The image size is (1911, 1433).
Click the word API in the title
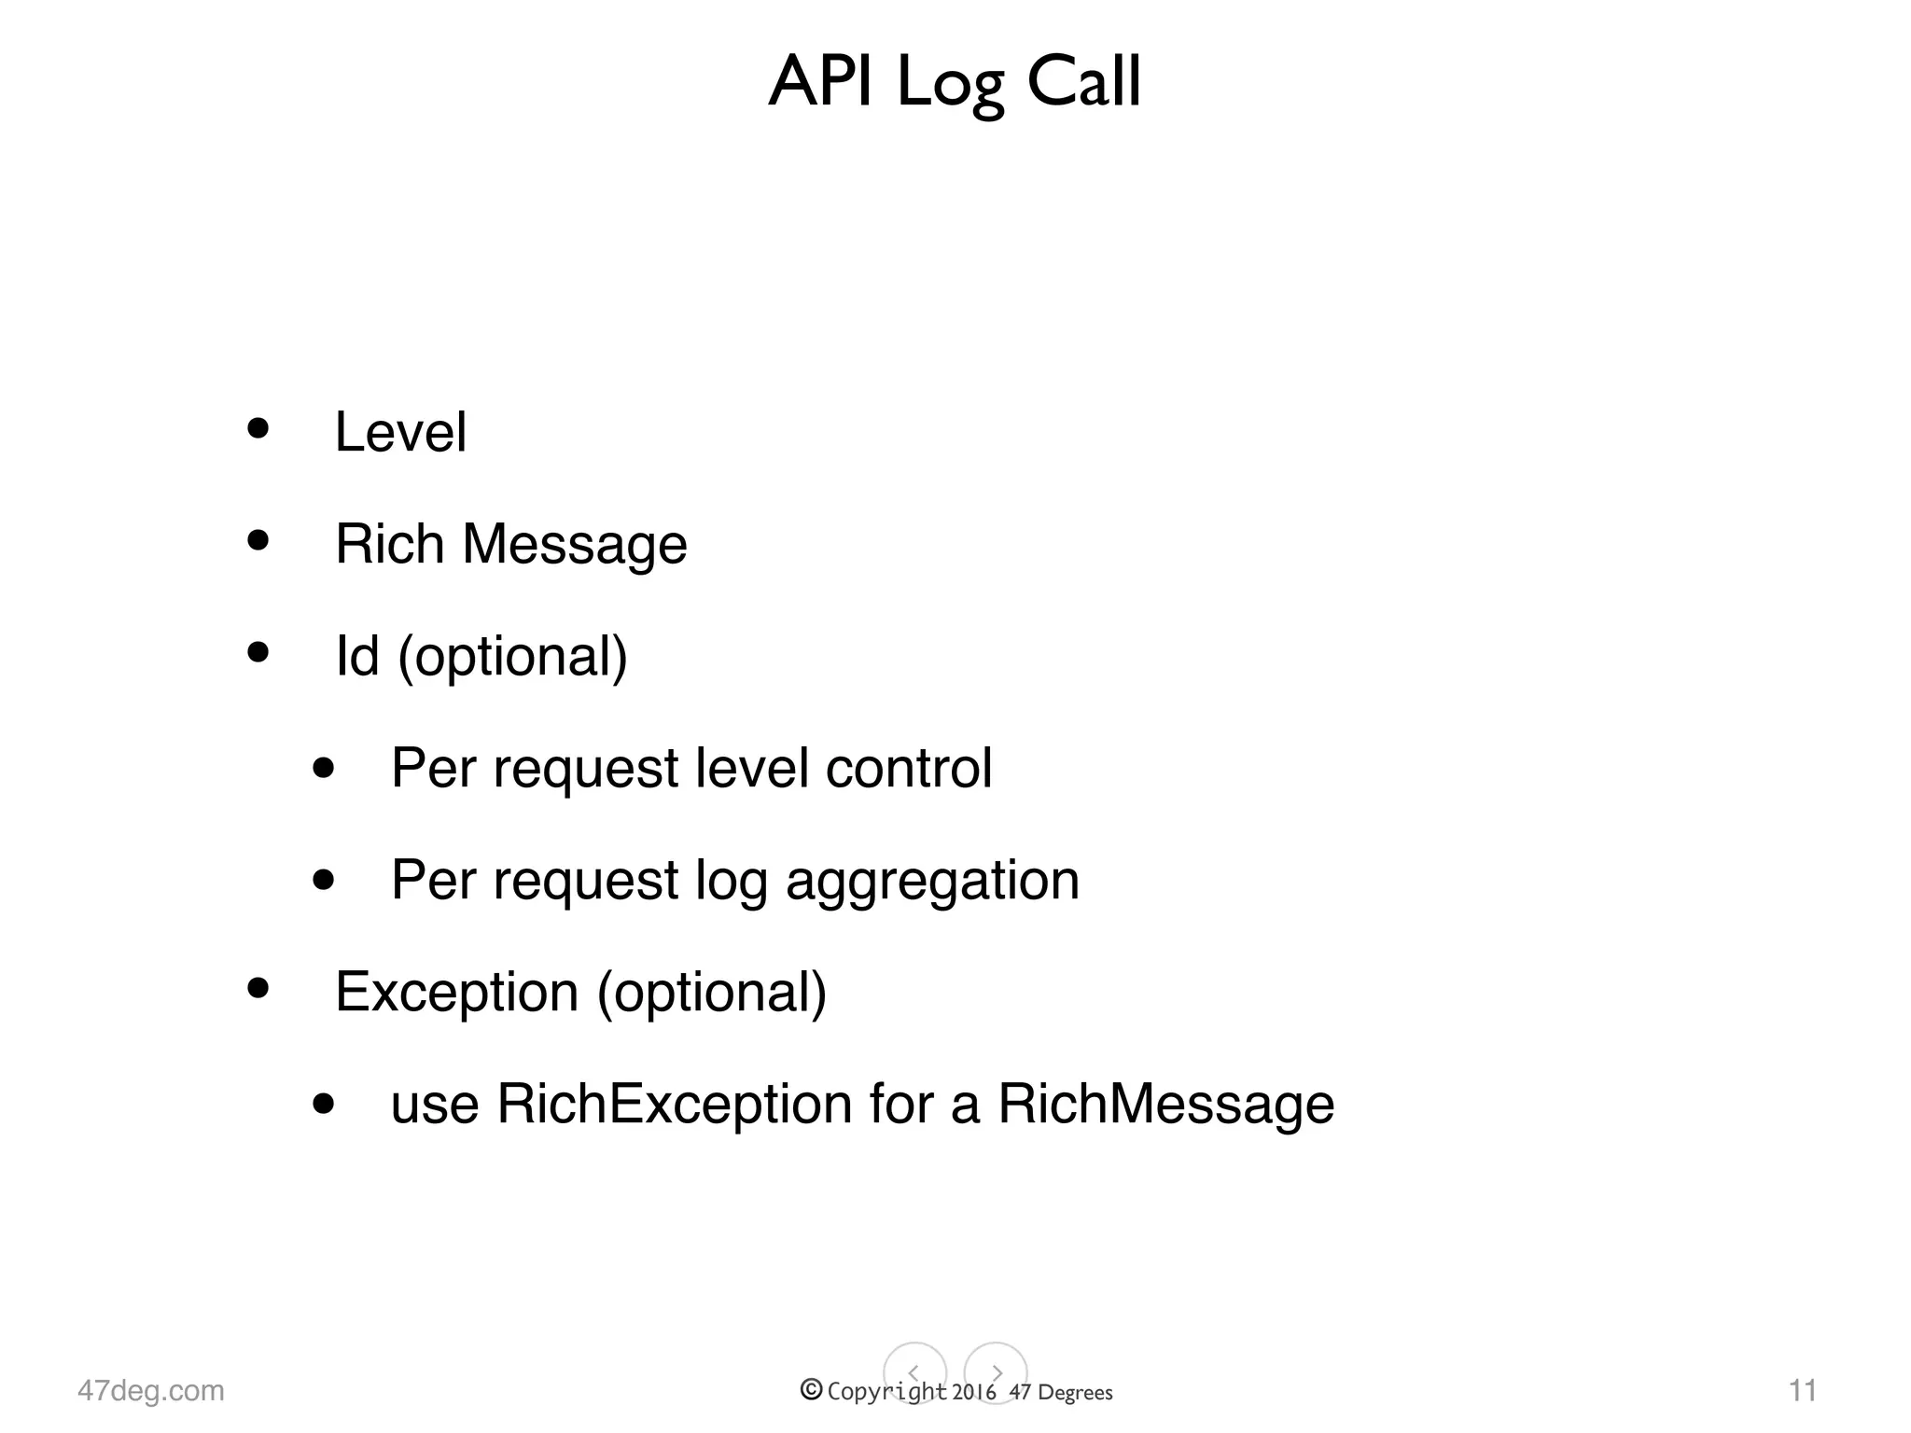821,82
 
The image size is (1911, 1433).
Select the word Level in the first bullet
400,432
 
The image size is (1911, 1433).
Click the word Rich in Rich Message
389,544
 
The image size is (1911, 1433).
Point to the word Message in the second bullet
575,546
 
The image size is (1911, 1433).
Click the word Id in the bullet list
357,656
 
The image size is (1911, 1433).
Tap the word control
909,768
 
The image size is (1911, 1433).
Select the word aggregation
932,882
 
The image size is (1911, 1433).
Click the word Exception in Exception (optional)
456,992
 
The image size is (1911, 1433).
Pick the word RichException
675,1105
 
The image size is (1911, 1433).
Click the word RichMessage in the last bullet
1165,1105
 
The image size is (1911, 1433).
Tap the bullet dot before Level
258,428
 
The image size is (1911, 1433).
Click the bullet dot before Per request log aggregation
324,879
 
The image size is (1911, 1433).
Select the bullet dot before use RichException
324,1104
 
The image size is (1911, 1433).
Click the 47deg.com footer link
151,1391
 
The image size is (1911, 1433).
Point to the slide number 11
1802,1391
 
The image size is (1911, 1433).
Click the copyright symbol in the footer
811,1390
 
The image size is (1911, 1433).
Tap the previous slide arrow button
914,1373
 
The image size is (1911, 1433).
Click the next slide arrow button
996,1373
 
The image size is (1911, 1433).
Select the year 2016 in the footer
974,1393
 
